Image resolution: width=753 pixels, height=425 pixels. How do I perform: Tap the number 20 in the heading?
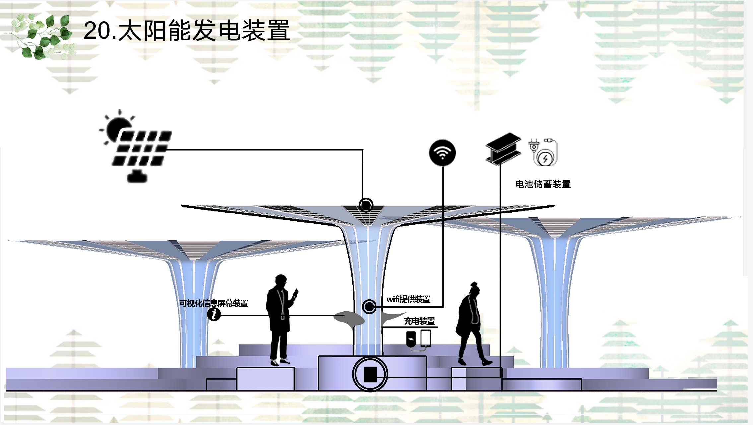point(97,31)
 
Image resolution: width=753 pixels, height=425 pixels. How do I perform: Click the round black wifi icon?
point(442,152)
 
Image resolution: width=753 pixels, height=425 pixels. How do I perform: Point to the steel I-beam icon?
point(503,149)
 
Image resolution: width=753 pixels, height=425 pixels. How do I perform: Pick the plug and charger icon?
point(543,152)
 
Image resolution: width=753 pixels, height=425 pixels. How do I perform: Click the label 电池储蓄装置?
point(543,184)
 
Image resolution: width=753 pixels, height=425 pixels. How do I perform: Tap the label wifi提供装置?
point(408,299)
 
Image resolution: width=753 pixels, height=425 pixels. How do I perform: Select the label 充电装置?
point(419,321)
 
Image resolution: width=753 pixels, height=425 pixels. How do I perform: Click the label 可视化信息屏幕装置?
point(214,303)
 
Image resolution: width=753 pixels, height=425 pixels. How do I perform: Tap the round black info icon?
point(214,314)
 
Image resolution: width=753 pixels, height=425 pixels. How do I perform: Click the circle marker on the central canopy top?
point(366,205)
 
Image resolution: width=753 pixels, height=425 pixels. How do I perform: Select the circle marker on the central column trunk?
point(369,307)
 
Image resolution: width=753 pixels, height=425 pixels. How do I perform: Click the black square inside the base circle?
point(370,374)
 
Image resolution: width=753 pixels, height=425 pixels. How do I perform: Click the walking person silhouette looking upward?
point(471,325)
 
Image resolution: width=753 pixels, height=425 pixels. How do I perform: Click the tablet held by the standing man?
point(295,293)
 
